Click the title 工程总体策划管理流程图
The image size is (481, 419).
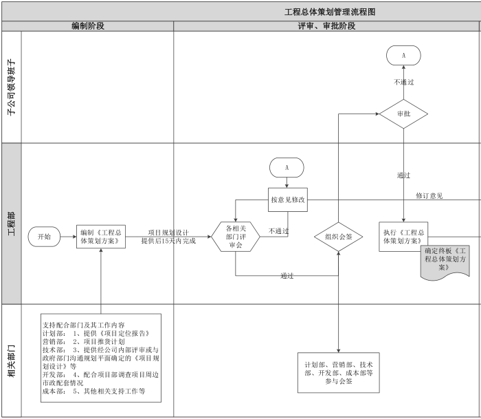[x=329, y=12]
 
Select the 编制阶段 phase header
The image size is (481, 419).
[x=88, y=26]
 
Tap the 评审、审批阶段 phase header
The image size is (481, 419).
[x=326, y=26]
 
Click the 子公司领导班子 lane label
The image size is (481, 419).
[x=11, y=87]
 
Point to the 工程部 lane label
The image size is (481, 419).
[x=11, y=223]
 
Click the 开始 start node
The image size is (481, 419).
[x=44, y=236]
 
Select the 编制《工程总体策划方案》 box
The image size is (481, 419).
[x=101, y=236]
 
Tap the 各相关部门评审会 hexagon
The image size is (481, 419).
[x=235, y=236]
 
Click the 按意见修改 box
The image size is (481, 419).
[x=287, y=200]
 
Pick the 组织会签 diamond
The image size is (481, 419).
[x=338, y=237]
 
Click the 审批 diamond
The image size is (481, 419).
[x=403, y=114]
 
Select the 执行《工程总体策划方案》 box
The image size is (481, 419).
[x=403, y=236]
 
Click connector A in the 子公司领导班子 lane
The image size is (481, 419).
[x=403, y=55]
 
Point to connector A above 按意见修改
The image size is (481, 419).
[x=287, y=167]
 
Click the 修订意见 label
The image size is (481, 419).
[x=429, y=196]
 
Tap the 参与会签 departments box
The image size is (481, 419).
[x=338, y=372]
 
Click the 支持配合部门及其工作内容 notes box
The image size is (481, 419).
[x=101, y=358]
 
